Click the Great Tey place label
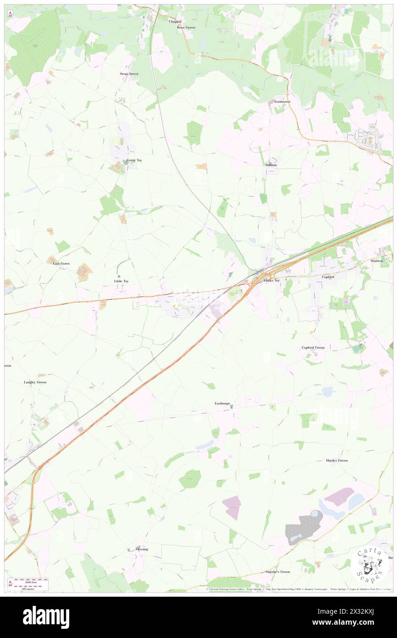[x=134, y=161]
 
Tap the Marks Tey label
[x=271, y=280]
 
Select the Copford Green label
[x=313, y=347]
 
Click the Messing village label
[x=142, y=549]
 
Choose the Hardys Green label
[x=337, y=460]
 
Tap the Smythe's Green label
[x=278, y=571]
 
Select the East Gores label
[x=61, y=263]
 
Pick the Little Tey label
[x=121, y=281]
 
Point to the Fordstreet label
[x=282, y=101]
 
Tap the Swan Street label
[x=129, y=73]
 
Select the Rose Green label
[x=186, y=27]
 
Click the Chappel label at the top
[x=175, y=22]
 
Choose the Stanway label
[x=377, y=261]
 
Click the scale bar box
[x=28, y=584]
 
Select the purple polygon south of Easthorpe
[x=232, y=507]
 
